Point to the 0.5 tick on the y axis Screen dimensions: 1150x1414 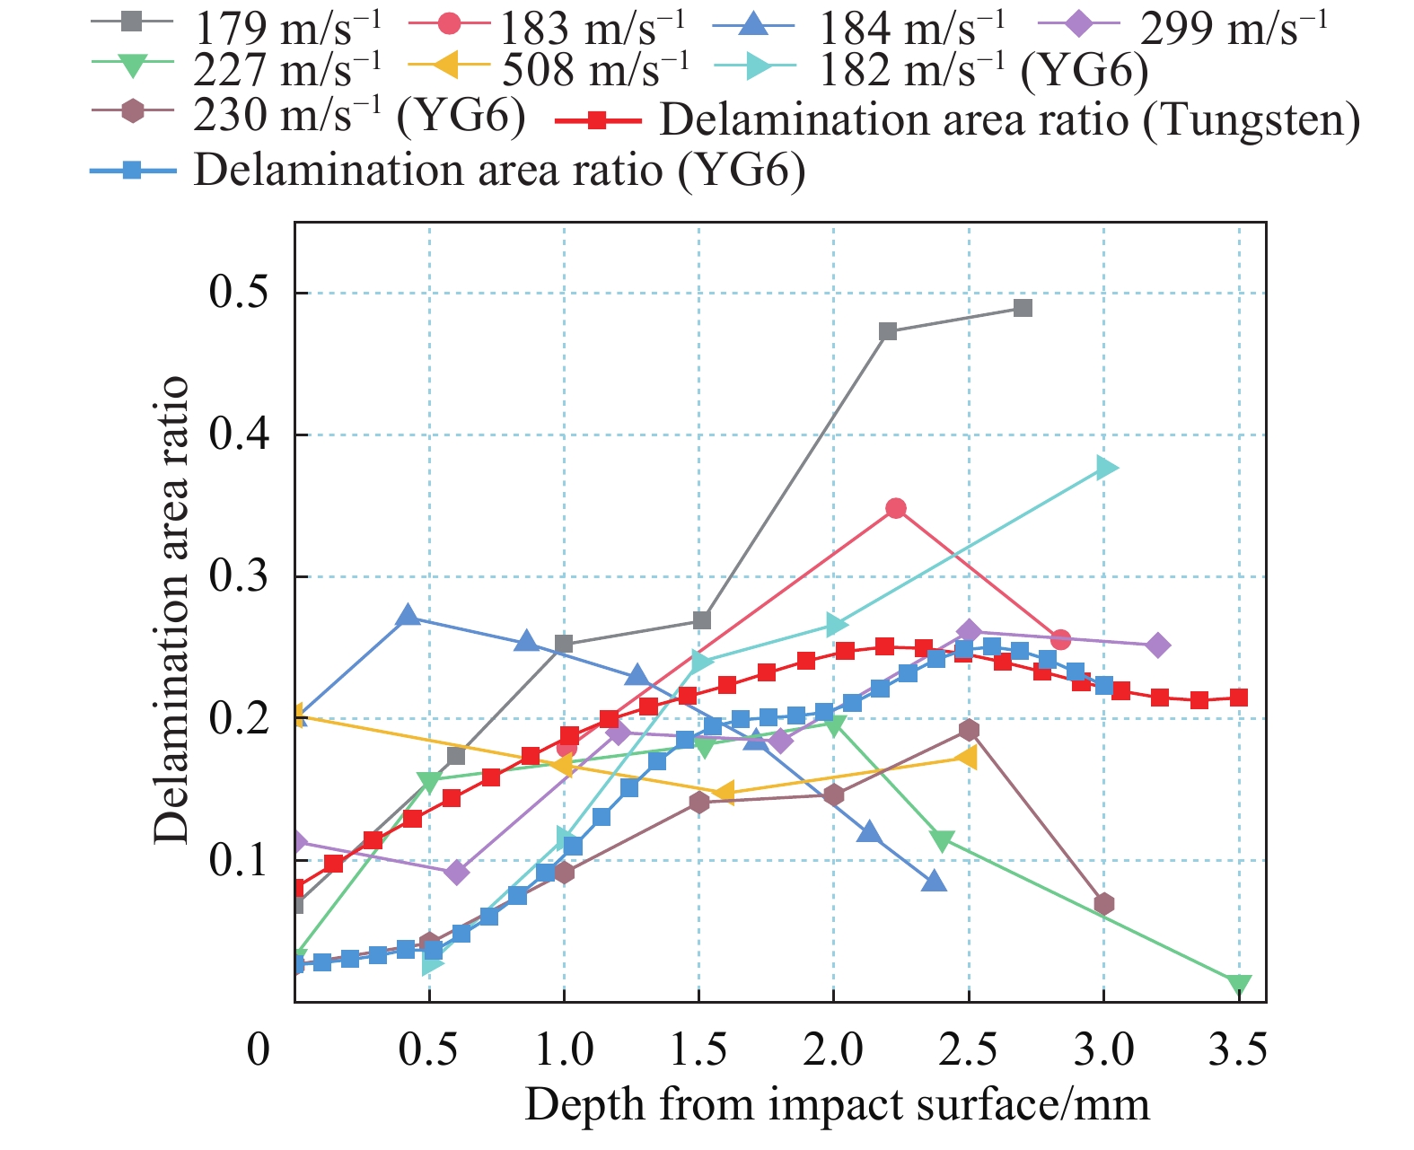238,293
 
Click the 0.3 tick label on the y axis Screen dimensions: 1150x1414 238,576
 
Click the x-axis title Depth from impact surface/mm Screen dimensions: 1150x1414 837,1104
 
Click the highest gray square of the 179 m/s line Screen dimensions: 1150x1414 1022,308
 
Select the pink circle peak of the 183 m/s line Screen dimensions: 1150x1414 895,508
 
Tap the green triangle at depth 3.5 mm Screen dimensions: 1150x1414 1239,985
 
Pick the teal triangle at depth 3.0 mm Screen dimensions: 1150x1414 1106,468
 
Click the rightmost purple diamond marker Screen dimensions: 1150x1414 1158,645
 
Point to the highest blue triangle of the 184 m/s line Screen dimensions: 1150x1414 408,616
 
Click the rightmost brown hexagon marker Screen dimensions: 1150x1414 1104,903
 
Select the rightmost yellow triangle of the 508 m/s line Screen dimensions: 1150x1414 967,758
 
